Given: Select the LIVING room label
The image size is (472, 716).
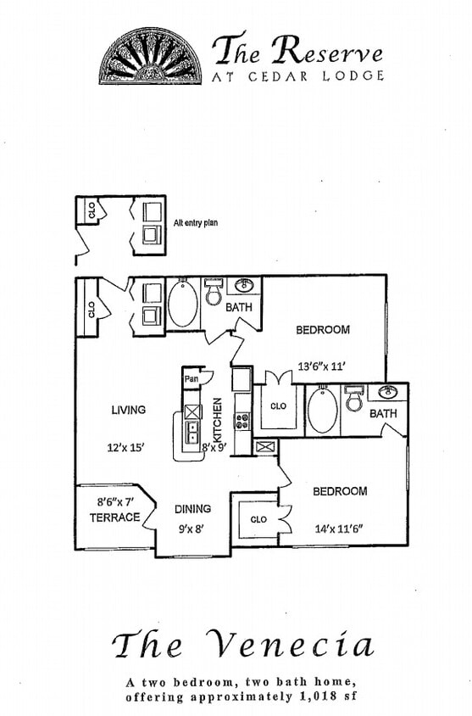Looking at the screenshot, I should pyautogui.click(x=129, y=410).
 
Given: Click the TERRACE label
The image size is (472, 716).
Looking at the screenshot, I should pyautogui.click(x=114, y=517).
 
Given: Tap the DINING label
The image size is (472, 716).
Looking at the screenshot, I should pyautogui.click(x=192, y=509).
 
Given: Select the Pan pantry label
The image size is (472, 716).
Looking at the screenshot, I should pyautogui.click(x=192, y=378).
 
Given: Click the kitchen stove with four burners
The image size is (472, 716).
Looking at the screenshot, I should pyautogui.click(x=242, y=420).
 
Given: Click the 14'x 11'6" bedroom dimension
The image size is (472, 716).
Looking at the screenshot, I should pyautogui.click(x=340, y=529).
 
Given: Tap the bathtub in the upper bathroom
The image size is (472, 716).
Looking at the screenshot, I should pyautogui.click(x=182, y=305).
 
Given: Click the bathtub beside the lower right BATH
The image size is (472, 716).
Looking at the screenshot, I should pyautogui.click(x=322, y=411).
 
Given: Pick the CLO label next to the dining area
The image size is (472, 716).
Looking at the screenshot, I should pyautogui.click(x=258, y=519).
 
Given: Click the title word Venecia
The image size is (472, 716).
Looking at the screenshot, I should pyautogui.click(x=292, y=646).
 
